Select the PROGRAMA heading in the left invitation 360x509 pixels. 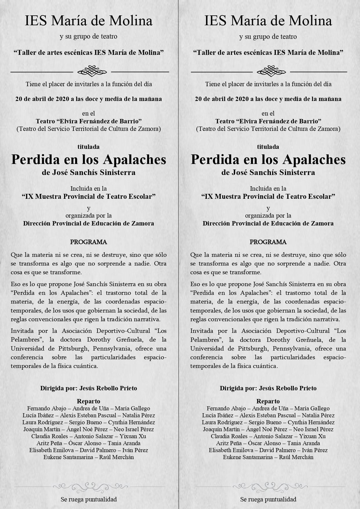coord(88,242)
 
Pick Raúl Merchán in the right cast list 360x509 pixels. coord(296,457)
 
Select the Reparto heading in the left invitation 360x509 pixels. coord(88,401)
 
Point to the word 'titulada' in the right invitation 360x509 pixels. coord(268,147)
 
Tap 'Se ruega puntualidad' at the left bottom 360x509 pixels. coord(88,499)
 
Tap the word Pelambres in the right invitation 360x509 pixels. coord(204,340)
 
